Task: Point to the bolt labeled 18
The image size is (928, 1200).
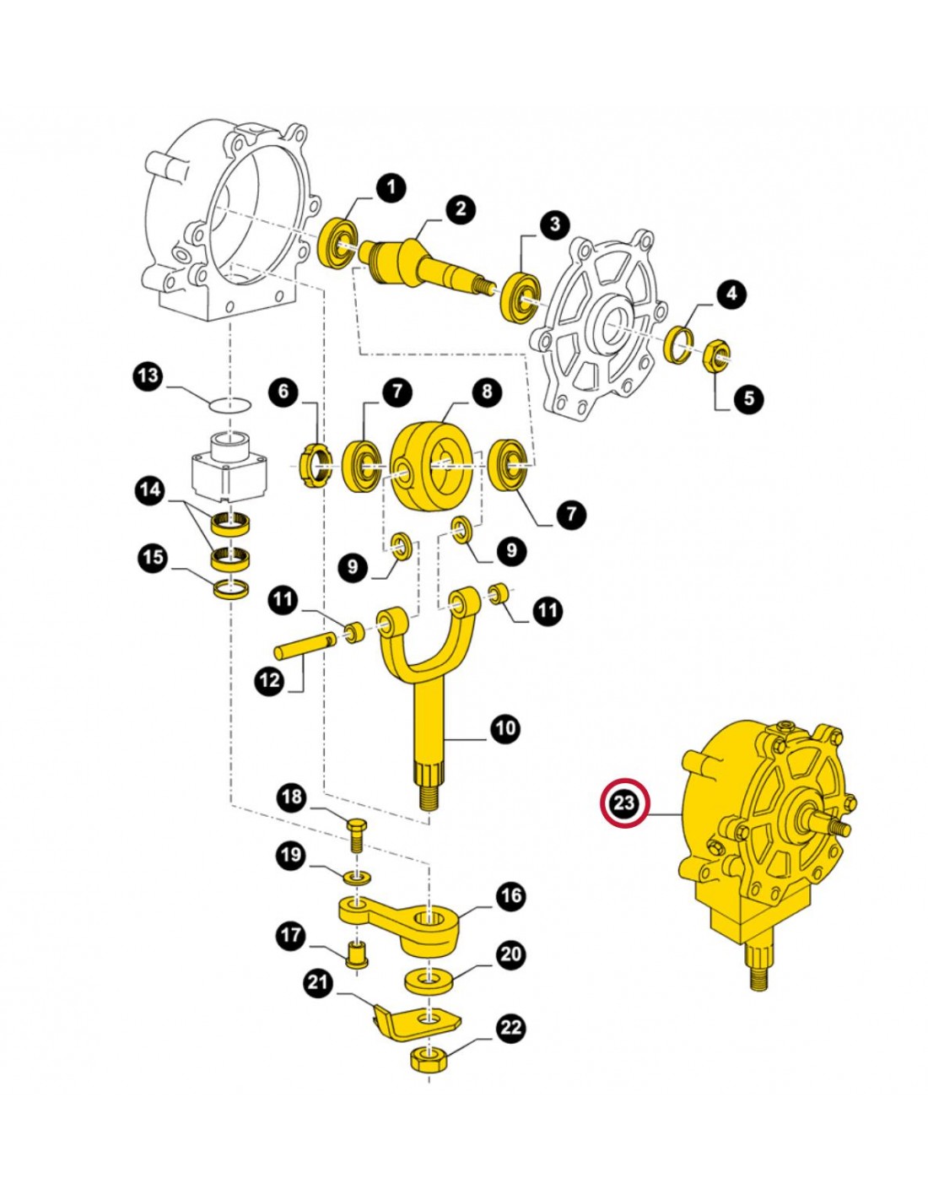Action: [x=356, y=837]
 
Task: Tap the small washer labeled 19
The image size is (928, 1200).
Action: [x=357, y=877]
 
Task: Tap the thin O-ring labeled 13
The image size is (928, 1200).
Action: [x=230, y=405]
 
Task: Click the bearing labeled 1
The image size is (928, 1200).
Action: [x=339, y=244]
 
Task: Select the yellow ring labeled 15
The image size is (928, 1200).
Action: [x=231, y=589]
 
